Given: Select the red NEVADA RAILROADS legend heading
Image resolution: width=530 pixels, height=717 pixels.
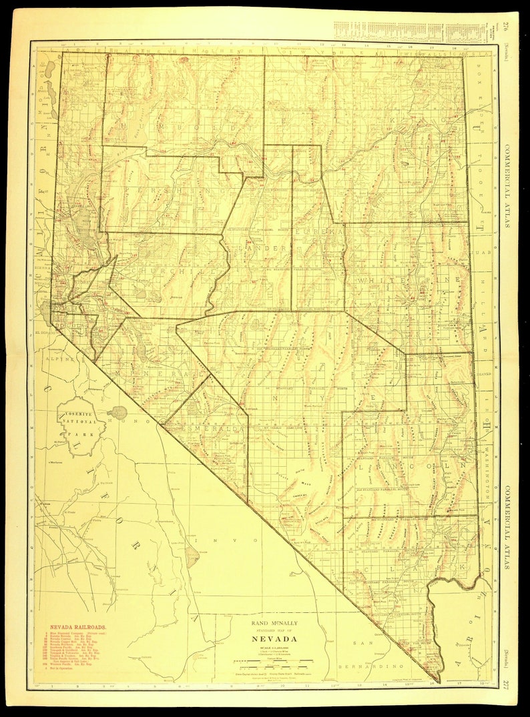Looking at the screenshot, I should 78,628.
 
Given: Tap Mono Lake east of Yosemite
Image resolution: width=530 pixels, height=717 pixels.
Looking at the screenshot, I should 117,412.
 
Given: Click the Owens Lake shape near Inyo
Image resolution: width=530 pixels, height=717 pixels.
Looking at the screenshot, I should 192,554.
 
